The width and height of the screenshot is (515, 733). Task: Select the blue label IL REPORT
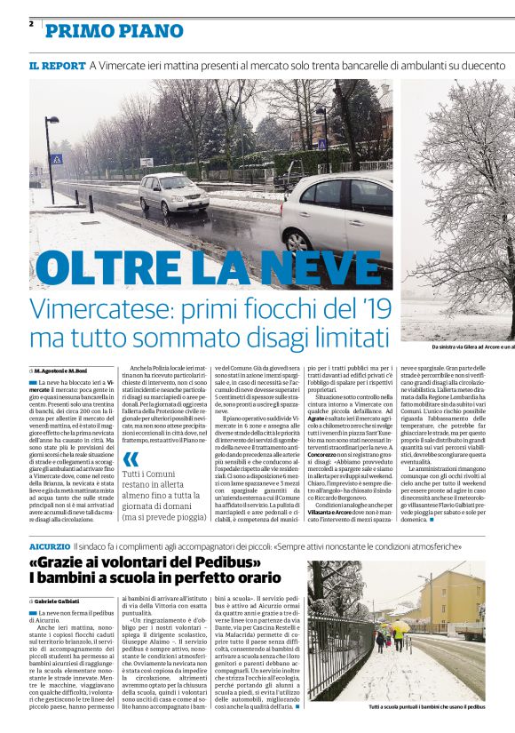[x=57, y=66]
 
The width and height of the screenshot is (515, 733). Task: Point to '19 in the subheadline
[x=366, y=310]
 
